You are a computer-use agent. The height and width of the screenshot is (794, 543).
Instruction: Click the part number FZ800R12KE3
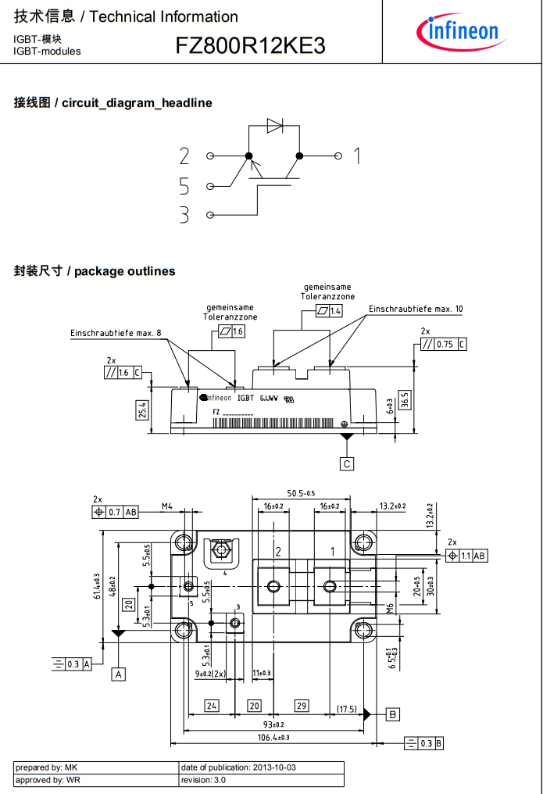pos(251,46)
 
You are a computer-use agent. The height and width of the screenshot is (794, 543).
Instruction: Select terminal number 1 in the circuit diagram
pos(357,156)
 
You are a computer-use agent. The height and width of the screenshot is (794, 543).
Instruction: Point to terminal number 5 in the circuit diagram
pos(184,186)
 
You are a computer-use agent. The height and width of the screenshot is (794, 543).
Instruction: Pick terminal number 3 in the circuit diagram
pos(184,215)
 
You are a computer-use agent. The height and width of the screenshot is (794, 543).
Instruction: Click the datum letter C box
pos(347,463)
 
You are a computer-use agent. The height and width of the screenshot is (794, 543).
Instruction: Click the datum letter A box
pos(119,674)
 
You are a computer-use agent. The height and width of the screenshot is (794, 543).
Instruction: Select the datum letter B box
pos(393,714)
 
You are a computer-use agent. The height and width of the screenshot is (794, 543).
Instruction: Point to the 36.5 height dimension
pos(405,399)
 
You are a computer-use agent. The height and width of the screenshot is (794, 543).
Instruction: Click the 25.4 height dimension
pos(142,410)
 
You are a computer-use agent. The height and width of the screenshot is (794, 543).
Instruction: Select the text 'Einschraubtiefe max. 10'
pos(416,309)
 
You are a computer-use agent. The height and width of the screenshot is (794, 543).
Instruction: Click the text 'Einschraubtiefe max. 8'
pos(116,333)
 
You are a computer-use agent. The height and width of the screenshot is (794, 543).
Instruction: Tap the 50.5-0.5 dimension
pos(301,493)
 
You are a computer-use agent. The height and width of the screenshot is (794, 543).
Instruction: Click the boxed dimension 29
pos(302,706)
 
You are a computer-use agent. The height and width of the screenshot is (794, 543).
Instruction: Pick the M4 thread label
pos(166,506)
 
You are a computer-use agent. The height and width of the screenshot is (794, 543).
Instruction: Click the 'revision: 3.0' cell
pos(261,780)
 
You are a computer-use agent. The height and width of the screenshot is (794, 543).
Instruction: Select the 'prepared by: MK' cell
pos(96,767)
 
